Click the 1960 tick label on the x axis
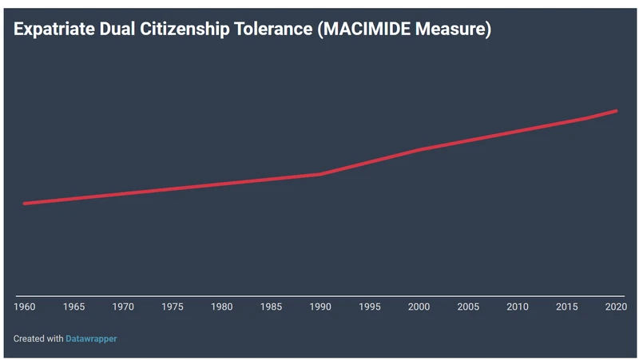point(25,307)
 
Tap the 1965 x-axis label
point(74,307)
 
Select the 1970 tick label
point(123,307)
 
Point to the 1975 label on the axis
point(173,307)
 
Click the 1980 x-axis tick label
point(222,307)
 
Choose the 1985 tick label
point(271,307)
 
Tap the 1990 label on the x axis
point(320,307)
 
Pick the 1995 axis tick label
point(370,307)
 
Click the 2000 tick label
point(419,307)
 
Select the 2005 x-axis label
point(468,307)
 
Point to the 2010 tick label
point(518,307)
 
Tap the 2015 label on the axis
point(566,307)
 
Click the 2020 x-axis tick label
point(615,307)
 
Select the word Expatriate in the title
point(54,30)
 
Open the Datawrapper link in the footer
point(91,338)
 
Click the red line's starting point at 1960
point(25,204)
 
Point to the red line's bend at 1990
point(320,174)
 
